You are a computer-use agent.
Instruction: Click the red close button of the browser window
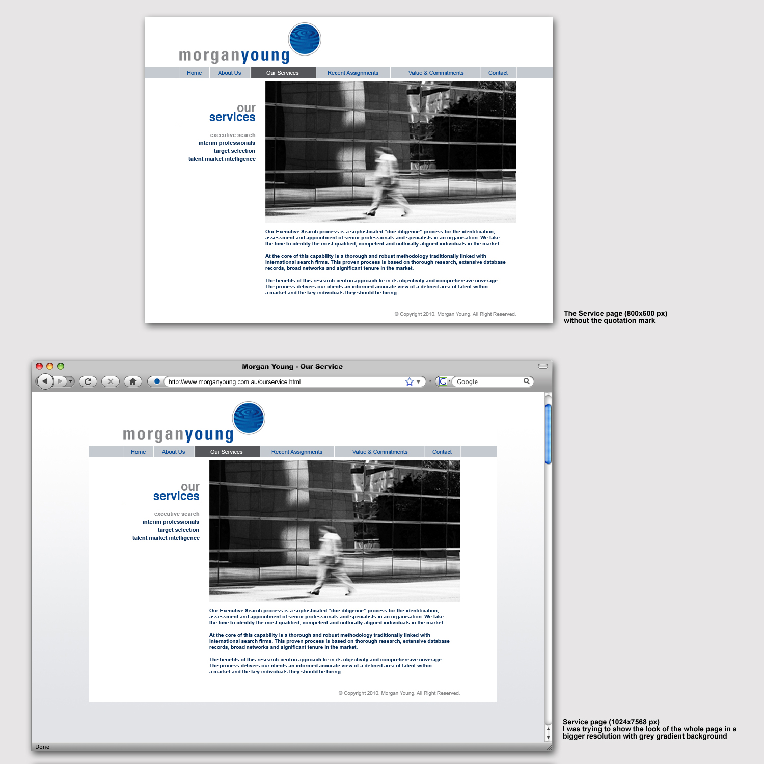[x=39, y=366]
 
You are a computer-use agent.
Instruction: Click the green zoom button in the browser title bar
[x=61, y=366]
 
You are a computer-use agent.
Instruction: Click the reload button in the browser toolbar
[x=88, y=381]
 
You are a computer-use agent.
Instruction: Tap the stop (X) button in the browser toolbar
[x=111, y=381]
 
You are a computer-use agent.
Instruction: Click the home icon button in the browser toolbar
[x=133, y=381]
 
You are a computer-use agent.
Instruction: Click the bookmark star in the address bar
[x=410, y=381]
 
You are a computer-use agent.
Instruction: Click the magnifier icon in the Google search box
[x=527, y=381]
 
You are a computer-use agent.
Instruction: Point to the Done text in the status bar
[x=42, y=747]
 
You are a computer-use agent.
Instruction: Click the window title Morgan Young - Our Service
[x=292, y=366]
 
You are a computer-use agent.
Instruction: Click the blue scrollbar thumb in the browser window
[x=549, y=434]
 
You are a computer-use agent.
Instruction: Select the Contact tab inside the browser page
[x=442, y=452]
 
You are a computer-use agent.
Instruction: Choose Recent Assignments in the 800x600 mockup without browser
[x=353, y=73]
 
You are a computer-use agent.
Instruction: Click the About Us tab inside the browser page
[x=174, y=452]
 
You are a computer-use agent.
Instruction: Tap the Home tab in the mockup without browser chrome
[x=194, y=73]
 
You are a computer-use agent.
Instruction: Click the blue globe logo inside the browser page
[x=249, y=418]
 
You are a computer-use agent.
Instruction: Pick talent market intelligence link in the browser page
[x=166, y=538]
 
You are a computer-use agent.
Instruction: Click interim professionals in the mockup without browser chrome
[x=227, y=143]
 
